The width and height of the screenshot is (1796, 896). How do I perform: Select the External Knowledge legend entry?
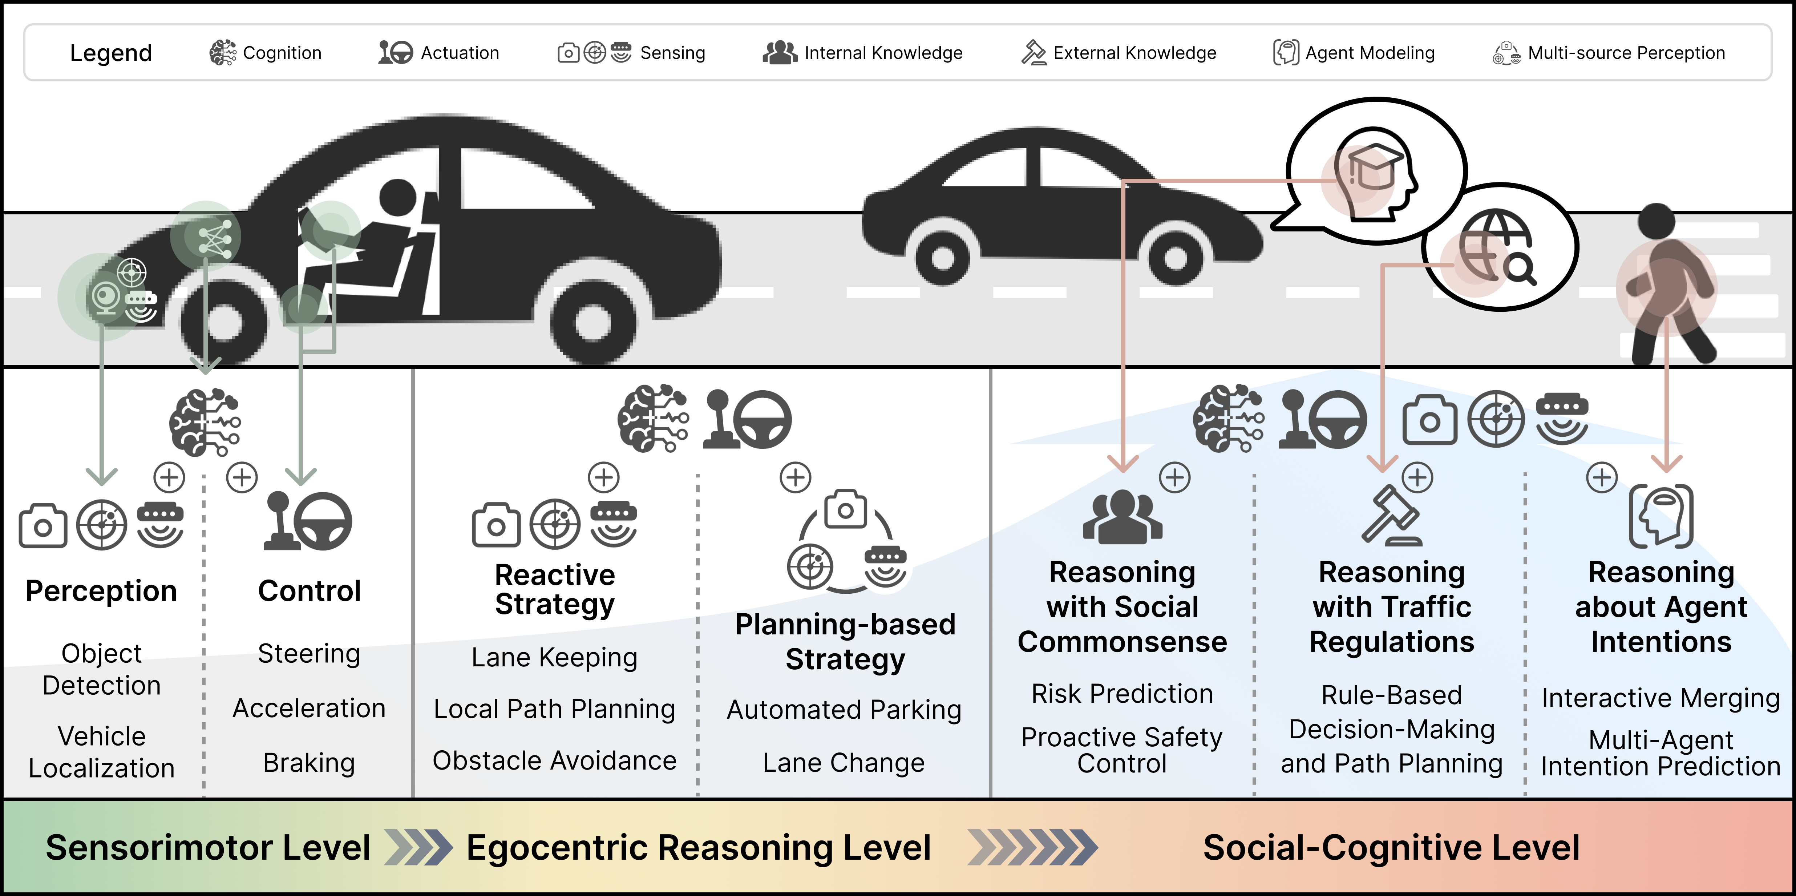point(1118,53)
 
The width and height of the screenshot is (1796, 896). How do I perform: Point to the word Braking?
point(309,763)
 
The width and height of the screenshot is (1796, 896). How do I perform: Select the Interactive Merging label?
point(1661,698)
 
